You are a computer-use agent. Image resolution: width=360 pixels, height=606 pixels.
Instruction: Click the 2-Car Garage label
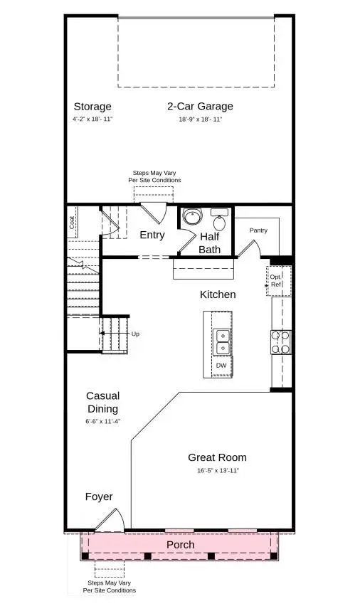coord(200,107)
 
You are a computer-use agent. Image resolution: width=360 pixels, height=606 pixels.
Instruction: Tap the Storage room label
coord(92,107)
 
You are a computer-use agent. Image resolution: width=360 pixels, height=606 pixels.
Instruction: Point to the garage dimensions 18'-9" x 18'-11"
coord(200,119)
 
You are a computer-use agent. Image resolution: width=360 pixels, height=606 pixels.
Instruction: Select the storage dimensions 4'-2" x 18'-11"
coord(92,119)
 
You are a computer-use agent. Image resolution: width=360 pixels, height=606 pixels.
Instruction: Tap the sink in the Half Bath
coord(220,213)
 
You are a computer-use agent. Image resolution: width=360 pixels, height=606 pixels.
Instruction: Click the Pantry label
coord(258,230)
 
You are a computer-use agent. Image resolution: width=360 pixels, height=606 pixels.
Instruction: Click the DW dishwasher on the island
coord(221,366)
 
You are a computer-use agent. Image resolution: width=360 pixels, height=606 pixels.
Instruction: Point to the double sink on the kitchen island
coord(222,341)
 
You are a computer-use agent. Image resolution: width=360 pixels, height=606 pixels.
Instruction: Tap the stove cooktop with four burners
coord(280,342)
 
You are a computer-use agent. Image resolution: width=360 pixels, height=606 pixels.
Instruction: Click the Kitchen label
coord(218,294)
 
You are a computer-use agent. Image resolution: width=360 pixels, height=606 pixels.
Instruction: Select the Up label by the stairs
coord(135,333)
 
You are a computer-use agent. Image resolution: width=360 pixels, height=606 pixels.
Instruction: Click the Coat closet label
coord(73,222)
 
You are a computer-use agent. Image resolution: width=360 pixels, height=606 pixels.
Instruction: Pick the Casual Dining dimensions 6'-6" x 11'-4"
coord(103,421)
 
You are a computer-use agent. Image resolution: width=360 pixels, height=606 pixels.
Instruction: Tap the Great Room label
coord(217,457)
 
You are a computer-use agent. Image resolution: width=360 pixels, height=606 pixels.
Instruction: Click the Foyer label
coord(99,496)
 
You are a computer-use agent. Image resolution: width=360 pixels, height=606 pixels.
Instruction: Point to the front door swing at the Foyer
coord(112,520)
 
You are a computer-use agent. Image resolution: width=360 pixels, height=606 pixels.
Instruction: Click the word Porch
coord(180,545)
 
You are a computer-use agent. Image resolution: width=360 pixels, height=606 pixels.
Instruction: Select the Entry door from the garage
coord(152,212)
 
